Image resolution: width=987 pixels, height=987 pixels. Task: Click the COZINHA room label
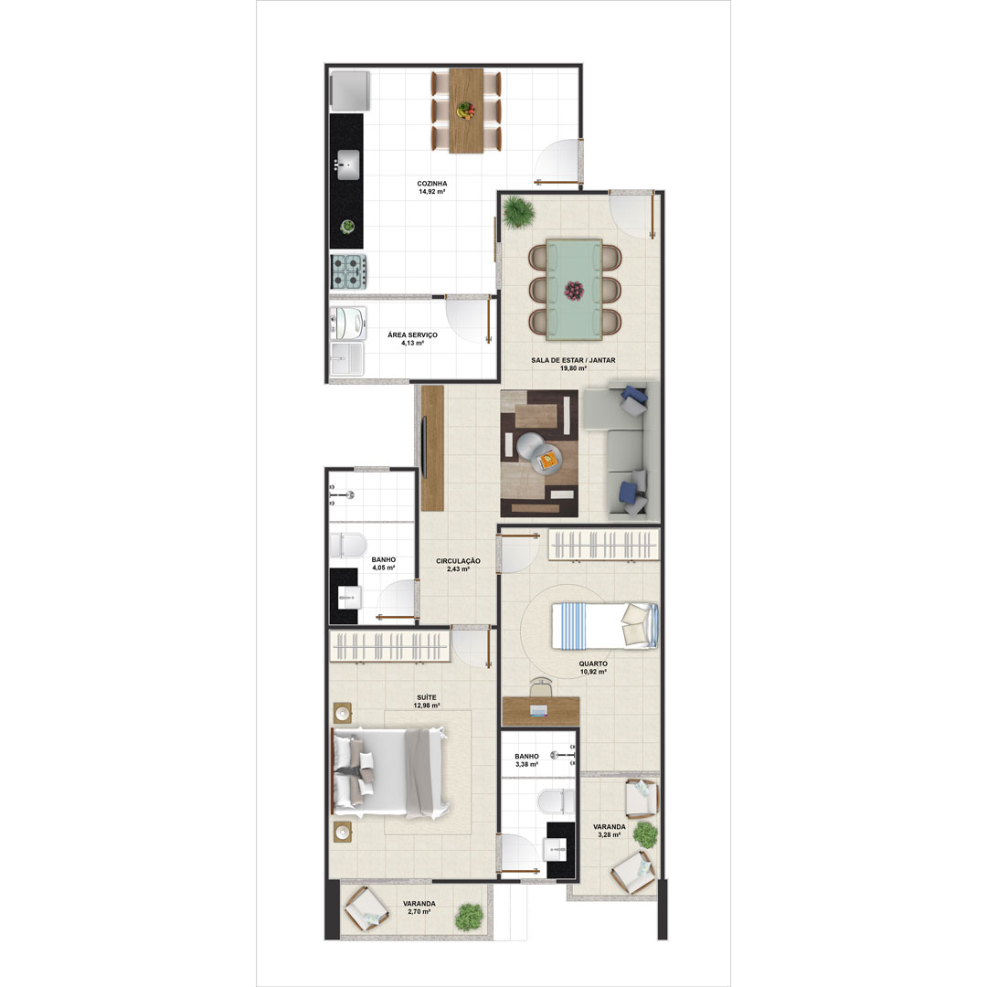(431, 184)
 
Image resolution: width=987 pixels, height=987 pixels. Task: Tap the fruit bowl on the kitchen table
(466, 111)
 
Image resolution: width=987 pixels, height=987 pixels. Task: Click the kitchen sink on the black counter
(348, 164)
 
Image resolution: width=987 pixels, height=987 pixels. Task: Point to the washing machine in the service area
(348, 324)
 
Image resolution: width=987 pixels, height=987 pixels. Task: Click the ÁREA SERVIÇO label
(412, 334)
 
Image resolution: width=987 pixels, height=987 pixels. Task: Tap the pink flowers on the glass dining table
(573, 291)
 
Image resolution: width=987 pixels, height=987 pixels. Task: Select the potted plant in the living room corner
(519, 211)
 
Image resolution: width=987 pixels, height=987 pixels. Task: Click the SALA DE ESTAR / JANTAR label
(573, 360)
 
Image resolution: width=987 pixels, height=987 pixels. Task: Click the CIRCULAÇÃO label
(458, 561)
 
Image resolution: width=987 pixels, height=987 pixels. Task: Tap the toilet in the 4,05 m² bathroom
(348, 545)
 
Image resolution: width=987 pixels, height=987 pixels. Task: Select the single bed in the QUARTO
(605, 626)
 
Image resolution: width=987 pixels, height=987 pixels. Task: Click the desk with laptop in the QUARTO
(541, 711)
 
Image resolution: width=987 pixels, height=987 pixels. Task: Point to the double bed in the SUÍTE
(390, 773)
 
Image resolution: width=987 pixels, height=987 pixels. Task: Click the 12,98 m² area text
(427, 706)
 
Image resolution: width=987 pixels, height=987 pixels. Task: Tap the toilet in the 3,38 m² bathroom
(557, 801)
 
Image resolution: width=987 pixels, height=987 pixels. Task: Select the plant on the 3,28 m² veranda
(644, 835)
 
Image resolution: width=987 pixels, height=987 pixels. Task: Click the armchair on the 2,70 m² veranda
(366, 908)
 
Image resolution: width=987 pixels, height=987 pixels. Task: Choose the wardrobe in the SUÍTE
(389, 647)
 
